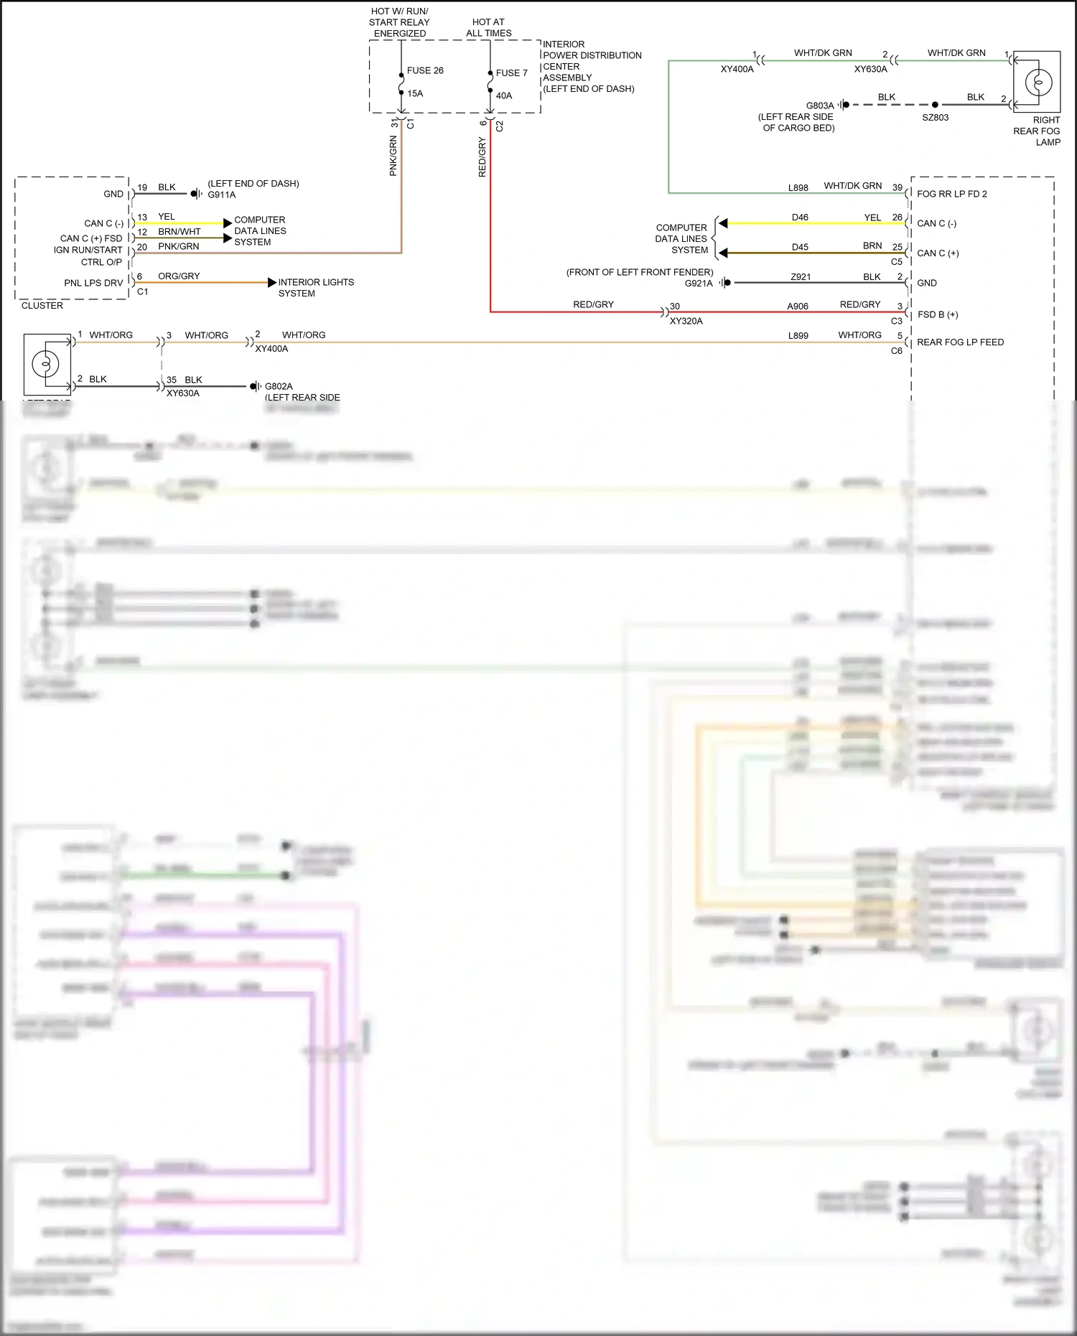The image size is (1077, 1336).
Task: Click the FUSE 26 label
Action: click(425, 70)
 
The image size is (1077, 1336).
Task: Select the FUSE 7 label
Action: click(511, 73)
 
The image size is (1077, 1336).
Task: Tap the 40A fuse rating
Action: click(504, 95)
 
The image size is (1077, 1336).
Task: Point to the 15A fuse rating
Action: click(415, 93)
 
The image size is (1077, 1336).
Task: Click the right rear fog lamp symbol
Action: click(1036, 82)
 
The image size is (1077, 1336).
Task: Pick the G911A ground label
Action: click(222, 195)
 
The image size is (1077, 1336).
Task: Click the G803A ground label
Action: click(820, 106)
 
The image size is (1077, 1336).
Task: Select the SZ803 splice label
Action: click(935, 117)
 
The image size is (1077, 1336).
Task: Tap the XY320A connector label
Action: click(686, 321)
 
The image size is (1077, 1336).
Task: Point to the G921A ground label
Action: click(699, 284)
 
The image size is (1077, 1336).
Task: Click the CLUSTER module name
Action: click(42, 305)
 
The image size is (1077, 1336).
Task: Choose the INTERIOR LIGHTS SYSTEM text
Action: click(316, 288)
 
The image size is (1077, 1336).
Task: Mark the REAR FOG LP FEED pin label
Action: click(960, 342)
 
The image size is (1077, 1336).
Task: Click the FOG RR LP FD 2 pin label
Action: click(951, 194)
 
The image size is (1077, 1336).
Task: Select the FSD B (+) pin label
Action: click(938, 314)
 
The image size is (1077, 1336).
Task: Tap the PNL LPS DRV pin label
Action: click(93, 283)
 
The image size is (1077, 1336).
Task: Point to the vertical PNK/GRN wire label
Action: click(393, 156)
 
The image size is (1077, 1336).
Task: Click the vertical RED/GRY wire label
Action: click(482, 157)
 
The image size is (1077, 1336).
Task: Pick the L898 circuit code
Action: click(798, 188)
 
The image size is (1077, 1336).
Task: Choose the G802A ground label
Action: click(279, 386)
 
